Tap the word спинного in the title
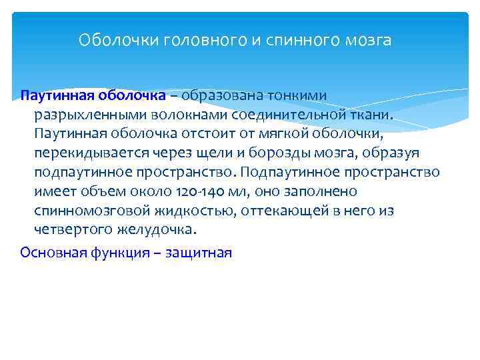pyautogui.click(x=301, y=41)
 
